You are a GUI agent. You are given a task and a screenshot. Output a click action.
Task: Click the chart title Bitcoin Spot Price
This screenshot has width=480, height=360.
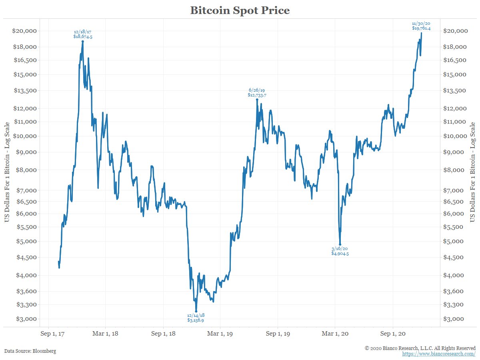pos(240,10)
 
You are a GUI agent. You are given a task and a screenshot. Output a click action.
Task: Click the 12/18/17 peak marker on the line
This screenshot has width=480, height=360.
pos(83,41)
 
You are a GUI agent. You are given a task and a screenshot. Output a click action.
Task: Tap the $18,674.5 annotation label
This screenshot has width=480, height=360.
pos(83,36)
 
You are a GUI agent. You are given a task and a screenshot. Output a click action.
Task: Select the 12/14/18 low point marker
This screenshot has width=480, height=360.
pos(196,311)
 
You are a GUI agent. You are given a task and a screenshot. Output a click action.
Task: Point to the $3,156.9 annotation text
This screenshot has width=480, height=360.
pos(196,320)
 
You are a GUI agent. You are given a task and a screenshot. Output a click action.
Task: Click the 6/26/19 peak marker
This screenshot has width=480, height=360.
pos(257,99)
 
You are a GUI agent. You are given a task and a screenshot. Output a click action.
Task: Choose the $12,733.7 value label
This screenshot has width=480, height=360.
pos(257,95)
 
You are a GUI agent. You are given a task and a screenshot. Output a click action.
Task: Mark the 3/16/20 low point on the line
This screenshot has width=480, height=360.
pos(340,244)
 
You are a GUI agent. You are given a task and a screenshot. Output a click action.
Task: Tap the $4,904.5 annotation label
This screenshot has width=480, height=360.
pos(340,254)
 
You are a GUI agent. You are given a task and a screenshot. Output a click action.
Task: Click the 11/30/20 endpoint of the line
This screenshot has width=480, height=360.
pos(421,33)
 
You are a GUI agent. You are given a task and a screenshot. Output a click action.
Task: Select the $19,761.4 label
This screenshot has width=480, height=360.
pos(421,28)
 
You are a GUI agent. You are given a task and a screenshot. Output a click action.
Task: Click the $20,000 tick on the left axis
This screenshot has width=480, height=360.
pos(25,31)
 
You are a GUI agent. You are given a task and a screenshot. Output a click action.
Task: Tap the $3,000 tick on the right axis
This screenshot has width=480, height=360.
pos(456,319)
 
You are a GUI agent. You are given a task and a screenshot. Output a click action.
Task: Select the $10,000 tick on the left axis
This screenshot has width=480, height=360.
pos(25,136)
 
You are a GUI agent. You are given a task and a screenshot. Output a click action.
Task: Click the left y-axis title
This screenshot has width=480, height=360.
pos(7,172)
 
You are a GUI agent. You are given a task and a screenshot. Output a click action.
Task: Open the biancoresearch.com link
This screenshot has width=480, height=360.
pos(438,354)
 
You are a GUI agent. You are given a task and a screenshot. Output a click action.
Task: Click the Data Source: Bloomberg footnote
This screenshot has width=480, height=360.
pos(30,351)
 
